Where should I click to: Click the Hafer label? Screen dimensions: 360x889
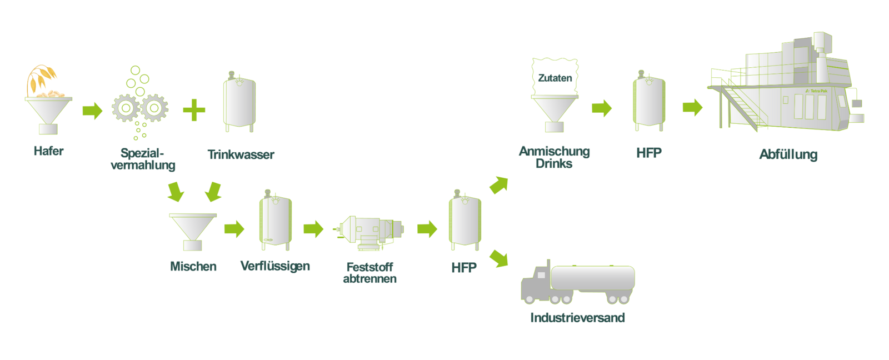pos(48,151)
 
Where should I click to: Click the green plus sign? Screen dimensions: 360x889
pos(194,110)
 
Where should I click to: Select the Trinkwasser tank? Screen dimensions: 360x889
pos(239,103)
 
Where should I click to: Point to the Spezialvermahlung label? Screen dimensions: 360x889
pos(143,159)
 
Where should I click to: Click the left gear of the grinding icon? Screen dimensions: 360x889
pos(126,108)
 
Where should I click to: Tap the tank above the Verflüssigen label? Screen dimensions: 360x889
pos(276,221)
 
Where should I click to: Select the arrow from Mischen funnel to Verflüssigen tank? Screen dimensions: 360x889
pos(234,228)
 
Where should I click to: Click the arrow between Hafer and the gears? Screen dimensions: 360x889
pos(92,111)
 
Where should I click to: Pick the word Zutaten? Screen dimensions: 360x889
pos(555,78)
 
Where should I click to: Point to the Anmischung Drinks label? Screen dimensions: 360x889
pos(554,157)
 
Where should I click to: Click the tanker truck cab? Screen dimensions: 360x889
pos(535,284)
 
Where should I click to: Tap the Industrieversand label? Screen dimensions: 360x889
pos(577,318)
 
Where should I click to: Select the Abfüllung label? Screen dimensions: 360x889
pos(788,154)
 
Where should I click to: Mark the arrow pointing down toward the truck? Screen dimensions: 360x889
pos(499,258)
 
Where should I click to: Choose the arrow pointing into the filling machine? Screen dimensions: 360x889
pos(692,107)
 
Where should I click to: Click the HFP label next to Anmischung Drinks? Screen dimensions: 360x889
pos(649,153)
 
